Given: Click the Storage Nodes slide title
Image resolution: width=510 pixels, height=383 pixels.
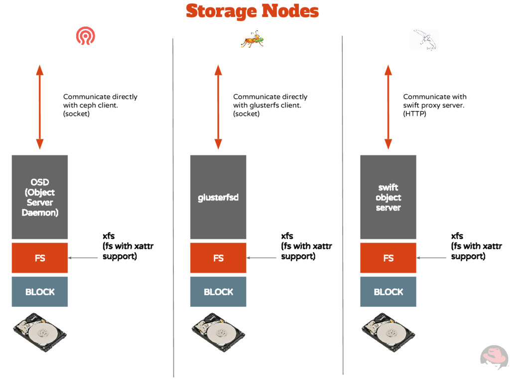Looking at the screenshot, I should click(252, 11).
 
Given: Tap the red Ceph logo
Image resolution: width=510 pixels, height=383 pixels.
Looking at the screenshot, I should click(85, 36).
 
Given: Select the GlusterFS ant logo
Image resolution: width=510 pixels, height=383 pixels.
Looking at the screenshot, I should click(252, 40).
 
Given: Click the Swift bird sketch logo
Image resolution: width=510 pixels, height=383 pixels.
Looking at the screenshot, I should click(424, 40).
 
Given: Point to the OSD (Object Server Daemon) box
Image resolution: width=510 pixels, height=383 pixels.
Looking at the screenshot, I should click(40, 197).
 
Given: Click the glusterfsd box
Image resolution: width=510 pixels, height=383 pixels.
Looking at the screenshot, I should click(218, 197).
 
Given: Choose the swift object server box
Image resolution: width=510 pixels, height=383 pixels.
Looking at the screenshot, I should click(388, 197).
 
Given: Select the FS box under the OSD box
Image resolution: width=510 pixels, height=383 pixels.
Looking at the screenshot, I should click(40, 258).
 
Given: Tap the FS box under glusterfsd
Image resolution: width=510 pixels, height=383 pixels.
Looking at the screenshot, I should click(218, 258).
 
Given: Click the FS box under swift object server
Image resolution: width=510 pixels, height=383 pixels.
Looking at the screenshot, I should click(388, 258).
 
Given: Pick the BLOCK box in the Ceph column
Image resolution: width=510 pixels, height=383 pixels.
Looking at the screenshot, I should click(40, 292).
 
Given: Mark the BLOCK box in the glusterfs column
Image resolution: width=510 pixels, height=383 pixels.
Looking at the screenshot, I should click(218, 292).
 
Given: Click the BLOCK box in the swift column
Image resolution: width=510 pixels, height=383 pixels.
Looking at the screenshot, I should click(388, 292).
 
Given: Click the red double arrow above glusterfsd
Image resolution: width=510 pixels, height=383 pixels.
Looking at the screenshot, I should click(218, 107).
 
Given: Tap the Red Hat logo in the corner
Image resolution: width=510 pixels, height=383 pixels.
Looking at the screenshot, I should click(494, 358).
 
